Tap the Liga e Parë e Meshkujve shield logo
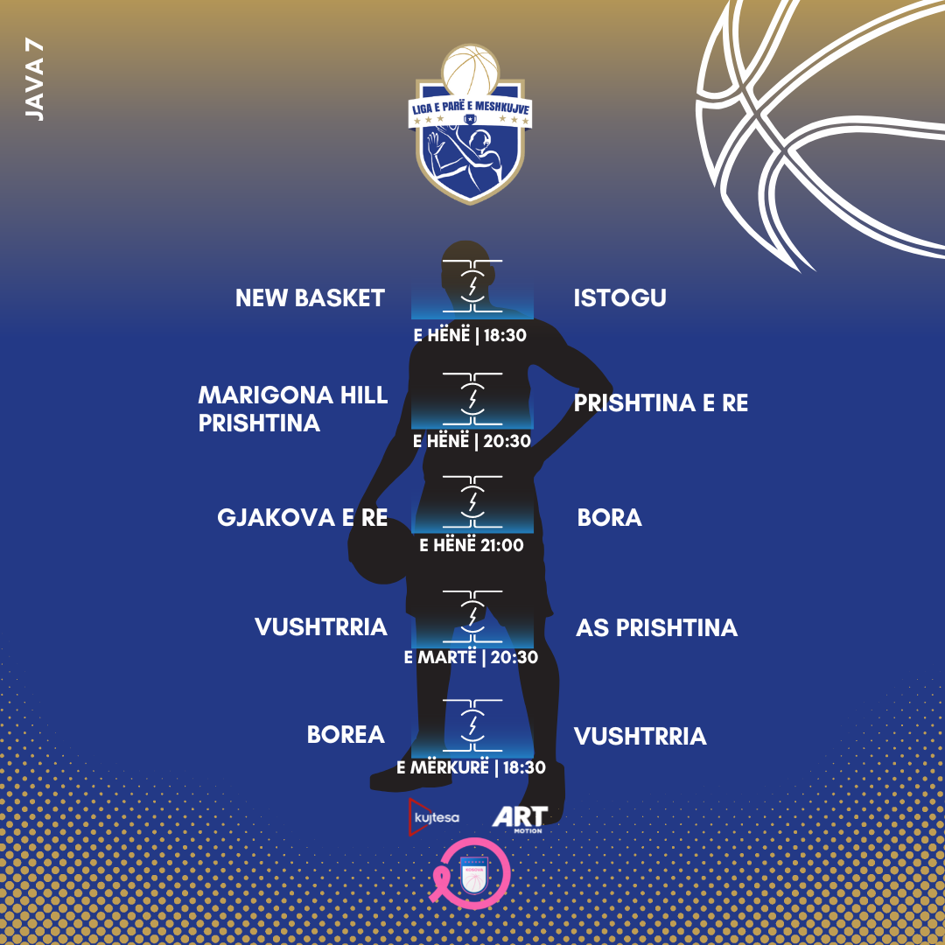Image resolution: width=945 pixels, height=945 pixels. point(471,127)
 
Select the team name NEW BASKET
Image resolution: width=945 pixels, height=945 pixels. point(310,298)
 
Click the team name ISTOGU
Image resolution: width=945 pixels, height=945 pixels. point(619,298)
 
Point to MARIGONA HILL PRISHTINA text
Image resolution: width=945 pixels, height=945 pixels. point(293,409)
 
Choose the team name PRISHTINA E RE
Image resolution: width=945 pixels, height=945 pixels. point(661,403)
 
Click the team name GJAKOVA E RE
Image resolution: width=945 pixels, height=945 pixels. point(302,517)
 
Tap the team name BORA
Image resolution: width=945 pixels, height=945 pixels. point(609,517)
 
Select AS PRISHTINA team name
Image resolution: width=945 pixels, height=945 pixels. point(656,627)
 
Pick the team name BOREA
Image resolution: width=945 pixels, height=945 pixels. point(346,735)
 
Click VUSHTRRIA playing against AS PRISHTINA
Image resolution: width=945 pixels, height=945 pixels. point(321,627)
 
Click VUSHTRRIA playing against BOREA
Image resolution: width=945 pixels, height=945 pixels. point(640,736)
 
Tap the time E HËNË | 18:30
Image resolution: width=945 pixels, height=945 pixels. point(470,334)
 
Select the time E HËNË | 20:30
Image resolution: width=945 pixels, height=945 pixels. point(472,441)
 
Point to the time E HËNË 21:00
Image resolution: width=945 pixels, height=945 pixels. point(472,545)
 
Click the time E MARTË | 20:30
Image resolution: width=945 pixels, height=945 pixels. point(471,657)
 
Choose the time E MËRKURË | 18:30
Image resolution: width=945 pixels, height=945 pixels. point(471,767)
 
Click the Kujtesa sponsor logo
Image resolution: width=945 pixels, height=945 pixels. point(434,817)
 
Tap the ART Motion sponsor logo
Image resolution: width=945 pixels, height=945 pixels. point(520,818)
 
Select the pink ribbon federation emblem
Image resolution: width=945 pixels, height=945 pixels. point(472,873)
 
